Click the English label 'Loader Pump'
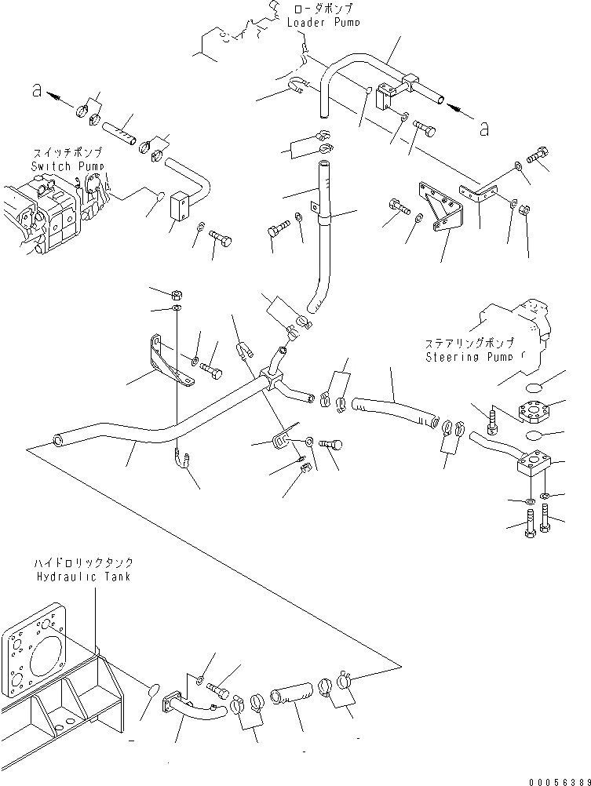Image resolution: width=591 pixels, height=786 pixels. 323,23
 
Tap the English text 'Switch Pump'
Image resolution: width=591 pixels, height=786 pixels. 62,166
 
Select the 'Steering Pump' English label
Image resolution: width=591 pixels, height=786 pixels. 470,357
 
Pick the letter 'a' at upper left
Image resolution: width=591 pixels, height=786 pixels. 36,92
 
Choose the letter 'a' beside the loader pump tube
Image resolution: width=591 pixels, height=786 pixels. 484,127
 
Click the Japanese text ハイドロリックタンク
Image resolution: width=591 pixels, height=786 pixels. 83,563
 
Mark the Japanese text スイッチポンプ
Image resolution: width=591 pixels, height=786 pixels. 64,153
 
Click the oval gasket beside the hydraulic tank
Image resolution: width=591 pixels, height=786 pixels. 154,691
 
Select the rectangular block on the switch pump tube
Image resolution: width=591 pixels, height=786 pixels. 181,206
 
